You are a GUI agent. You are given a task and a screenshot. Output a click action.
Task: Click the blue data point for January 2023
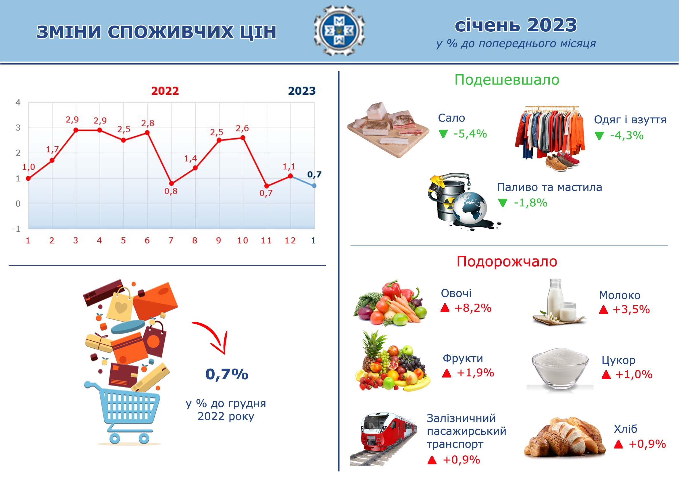point(314,186)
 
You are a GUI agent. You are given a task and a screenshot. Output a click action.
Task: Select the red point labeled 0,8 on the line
point(171,183)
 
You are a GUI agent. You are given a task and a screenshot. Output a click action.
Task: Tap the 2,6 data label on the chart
point(242,128)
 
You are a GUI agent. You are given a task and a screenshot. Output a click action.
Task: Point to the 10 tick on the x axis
point(242,240)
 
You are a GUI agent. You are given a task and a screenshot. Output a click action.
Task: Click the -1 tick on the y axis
point(16,229)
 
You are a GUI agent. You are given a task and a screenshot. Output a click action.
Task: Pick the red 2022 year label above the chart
point(165,91)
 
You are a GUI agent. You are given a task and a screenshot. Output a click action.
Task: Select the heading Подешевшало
point(507,80)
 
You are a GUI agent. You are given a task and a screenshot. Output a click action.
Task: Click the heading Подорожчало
point(507,261)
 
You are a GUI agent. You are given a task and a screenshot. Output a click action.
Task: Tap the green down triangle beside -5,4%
point(443,134)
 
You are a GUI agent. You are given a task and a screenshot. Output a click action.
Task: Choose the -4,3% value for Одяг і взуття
point(627,136)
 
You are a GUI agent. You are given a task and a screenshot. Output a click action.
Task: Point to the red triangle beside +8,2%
point(445,308)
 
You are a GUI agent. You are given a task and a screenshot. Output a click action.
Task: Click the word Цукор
point(618,361)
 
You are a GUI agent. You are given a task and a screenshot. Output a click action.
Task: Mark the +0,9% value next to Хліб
point(647,444)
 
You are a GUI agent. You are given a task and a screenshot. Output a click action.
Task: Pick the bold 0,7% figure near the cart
point(227,374)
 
